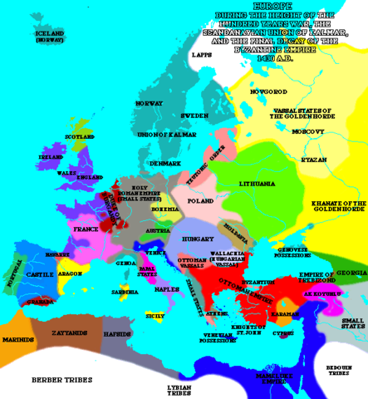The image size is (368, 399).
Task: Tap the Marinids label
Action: coord(17,339)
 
